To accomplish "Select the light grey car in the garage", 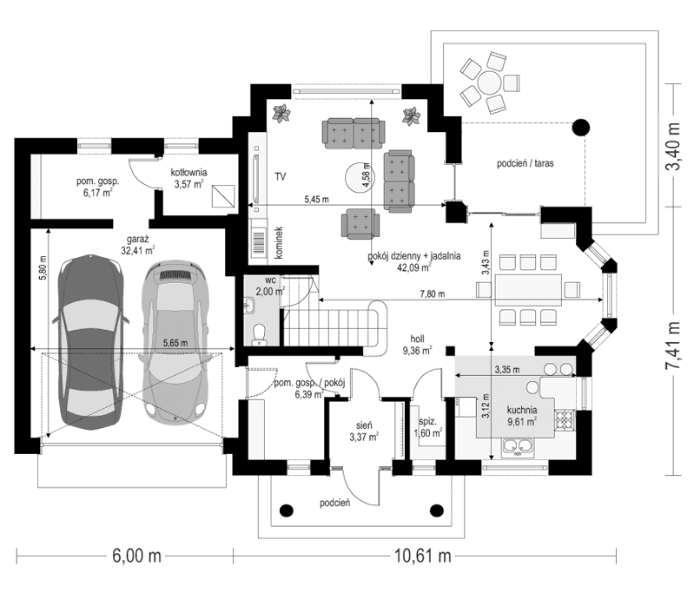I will [177, 342].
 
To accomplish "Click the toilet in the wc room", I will [257, 333].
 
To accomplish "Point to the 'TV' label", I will [281, 176].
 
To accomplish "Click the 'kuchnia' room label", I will [524, 409].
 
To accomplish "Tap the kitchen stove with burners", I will [564, 418].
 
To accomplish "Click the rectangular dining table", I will [529, 290].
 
